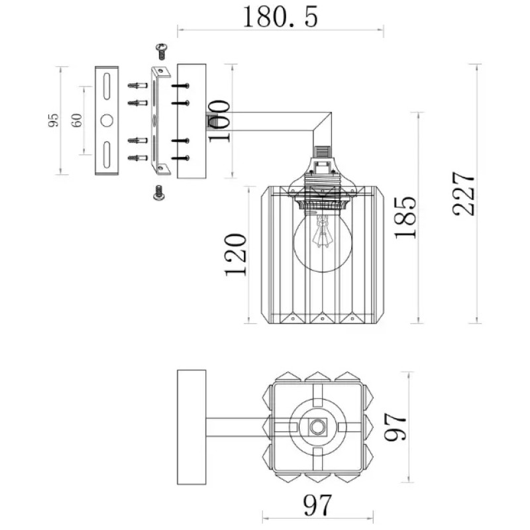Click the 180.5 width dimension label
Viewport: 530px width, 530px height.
[x=280, y=17]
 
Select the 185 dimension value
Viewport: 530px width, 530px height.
[x=405, y=217]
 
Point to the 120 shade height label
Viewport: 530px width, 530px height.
[x=235, y=254]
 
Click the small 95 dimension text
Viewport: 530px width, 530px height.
[x=53, y=121]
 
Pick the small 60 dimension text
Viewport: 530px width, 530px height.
[x=77, y=121]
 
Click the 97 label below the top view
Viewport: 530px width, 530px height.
[x=317, y=505]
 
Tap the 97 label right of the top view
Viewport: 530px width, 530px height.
[x=395, y=427]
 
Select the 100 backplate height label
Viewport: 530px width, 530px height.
[x=219, y=121]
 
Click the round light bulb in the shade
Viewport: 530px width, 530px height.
[x=323, y=242]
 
